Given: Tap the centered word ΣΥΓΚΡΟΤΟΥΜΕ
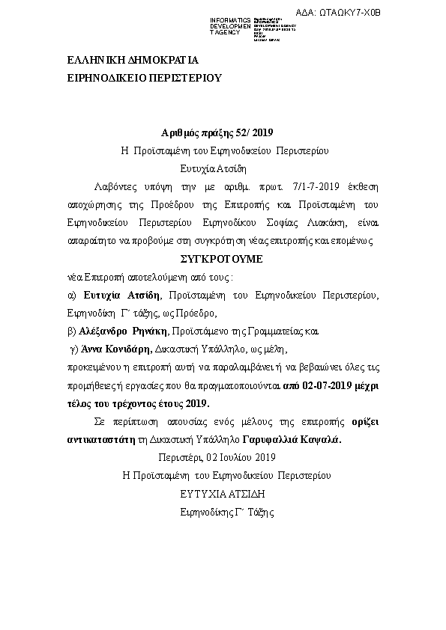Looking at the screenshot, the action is click(x=223, y=259).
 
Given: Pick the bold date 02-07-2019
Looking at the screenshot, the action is click(x=332, y=384).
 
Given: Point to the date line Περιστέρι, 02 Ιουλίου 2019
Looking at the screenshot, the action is click(x=218, y=457).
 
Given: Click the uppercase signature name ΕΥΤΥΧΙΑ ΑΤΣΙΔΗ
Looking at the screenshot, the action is click(x=223, y=494).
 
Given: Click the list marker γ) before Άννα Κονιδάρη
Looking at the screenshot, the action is click(x=74, y=348).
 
